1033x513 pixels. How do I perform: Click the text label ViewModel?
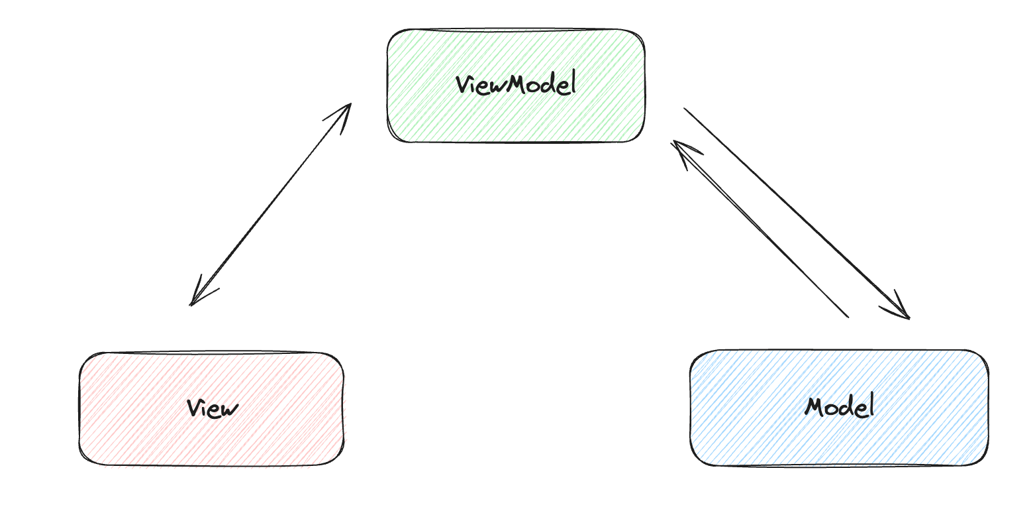[x=516, y=85]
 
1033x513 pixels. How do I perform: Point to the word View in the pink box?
[x=212, y=408]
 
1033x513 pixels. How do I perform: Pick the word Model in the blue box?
[x=839, y=406]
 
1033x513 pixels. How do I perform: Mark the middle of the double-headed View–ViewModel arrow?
[x=270, y=204]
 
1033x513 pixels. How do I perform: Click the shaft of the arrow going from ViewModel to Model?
[x=795, y=211]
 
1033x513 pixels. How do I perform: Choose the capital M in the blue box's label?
[x=815, y=406]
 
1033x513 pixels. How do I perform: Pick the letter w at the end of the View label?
[x=228, y=410]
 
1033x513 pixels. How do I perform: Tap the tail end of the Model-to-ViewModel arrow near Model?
[x=846, y=315]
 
